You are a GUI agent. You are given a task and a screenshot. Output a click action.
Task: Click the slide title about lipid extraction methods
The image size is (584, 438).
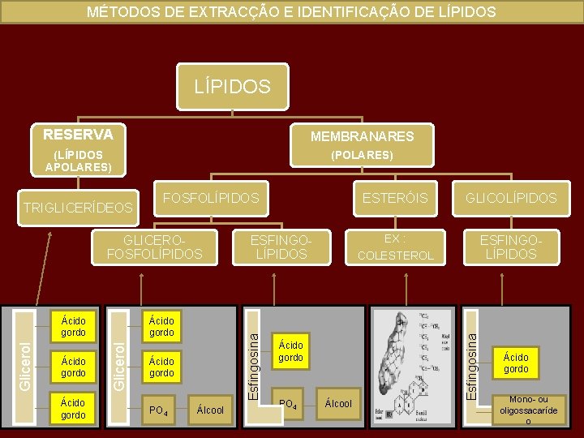tap(291, 12)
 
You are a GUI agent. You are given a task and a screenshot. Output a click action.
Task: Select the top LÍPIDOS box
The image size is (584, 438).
tap(232, 86)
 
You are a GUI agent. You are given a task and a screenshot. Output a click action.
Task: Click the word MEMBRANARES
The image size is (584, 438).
tap(362, 136)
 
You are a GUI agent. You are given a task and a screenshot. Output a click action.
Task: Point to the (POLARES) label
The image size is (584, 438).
tap(362, 154)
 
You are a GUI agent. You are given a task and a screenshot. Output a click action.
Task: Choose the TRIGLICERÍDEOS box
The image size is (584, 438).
tap(78, 208)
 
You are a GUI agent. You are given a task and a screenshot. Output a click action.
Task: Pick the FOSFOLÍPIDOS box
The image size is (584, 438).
tap(212, 198)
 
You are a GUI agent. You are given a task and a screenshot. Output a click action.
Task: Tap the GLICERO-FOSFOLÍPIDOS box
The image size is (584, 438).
tap(155, 247)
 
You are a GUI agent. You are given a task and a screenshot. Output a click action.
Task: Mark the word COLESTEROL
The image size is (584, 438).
tap(396, 255)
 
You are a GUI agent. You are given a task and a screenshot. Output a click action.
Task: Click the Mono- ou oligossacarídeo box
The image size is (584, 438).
tap(527, 410)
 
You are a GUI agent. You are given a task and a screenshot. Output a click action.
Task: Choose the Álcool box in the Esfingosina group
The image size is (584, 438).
tap(338, 403)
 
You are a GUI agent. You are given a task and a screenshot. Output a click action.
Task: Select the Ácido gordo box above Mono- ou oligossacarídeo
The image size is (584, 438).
tap(516, 363)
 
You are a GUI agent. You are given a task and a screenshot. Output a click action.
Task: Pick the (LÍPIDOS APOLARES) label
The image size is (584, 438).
tap(78, 161)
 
